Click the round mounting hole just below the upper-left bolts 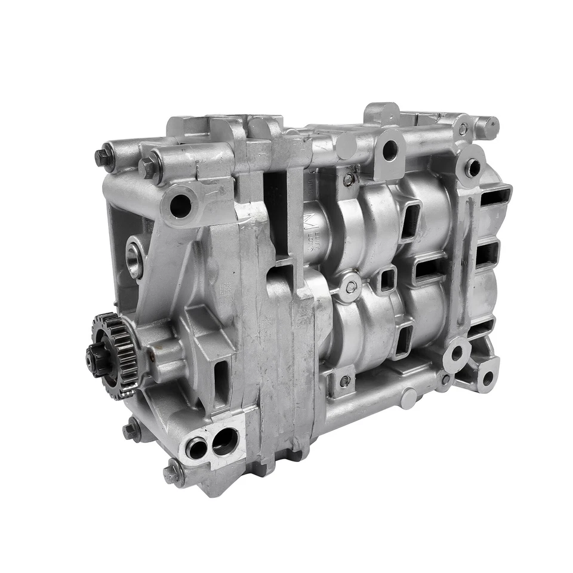180,205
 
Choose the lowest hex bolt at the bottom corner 172,474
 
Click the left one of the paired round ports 196,448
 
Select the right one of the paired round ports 224,440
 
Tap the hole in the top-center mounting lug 390,150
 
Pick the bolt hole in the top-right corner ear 473,168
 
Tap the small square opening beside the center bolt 387,278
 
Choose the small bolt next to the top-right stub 463,129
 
